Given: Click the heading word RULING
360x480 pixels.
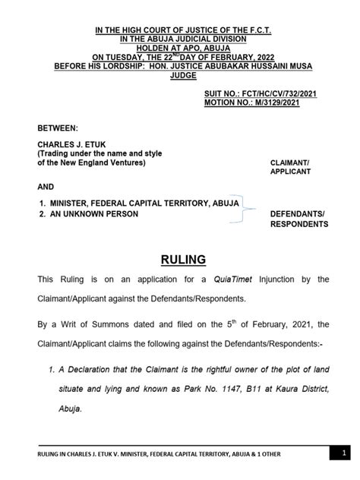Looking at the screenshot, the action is [180, 260].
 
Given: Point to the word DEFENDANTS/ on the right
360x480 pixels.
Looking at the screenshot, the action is [299, 214].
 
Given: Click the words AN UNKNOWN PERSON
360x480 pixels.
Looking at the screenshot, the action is [98, 214].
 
